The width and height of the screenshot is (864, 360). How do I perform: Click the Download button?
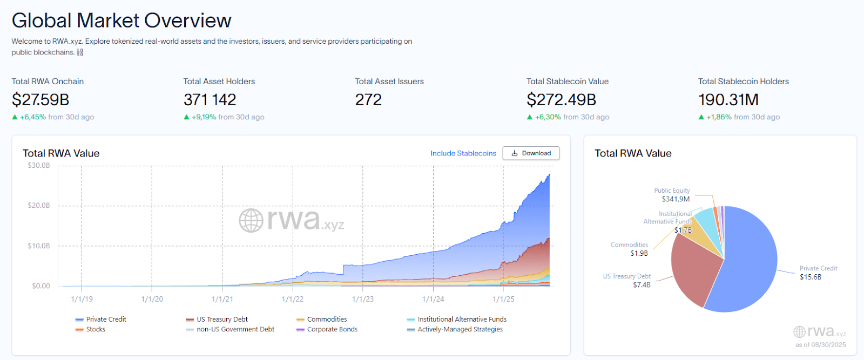pyautogui.click(x=531, y=153)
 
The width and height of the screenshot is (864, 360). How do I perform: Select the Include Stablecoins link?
pyautogui.click(x=463, y=153)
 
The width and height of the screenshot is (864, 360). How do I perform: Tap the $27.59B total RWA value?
pyautogui.click(x=40, y=100)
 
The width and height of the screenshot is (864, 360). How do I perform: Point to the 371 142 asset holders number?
pyautogui.click(x=210, y=100)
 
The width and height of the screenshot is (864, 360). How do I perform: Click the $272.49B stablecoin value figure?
pyautogui.click(x=561, y=100)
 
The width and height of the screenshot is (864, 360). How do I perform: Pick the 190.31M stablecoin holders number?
pyautogui.click(x=728, y=100)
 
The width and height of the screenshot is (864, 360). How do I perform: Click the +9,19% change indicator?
pyautogui.click(x=204, y=117)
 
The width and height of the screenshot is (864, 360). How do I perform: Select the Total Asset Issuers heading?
pyautogui.click(x=389, y=81)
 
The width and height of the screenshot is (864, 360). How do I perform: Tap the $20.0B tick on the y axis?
pyautogui.click(x=39, y=206)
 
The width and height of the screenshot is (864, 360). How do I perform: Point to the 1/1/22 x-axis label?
pyautogui.click(x=293, y=299)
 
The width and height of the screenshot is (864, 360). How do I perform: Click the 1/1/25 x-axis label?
pyautogui.click(x=503, y=299)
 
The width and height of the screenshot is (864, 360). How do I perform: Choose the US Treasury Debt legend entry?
pyautogui.click(x=221, y=320)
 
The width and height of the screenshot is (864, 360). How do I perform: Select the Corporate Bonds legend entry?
pyautogui.click(x=332, y=329)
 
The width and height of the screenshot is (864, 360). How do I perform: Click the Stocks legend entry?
pyautogui.click(x=95, y=329)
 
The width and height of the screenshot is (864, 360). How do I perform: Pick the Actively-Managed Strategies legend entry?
pyautogui.click(x=460, y=329)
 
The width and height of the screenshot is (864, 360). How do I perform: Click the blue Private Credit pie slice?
pyautogui.click(x=751, y=259)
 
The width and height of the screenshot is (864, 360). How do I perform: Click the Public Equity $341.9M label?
pyautogui.click(x=672, y=195)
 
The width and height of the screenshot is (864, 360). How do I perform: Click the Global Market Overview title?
pyautogui.click(x=122, y=21)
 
